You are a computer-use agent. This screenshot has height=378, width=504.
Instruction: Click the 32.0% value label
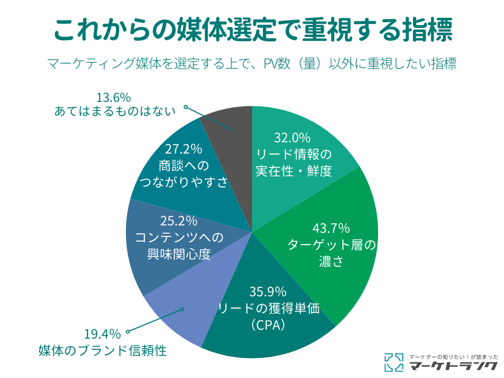292,137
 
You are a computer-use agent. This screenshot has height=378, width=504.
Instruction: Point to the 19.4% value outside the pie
103,335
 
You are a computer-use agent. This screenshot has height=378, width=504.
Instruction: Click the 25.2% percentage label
179,221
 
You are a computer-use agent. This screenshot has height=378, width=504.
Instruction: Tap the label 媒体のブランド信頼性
102,351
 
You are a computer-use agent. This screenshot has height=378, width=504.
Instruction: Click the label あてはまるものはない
115,112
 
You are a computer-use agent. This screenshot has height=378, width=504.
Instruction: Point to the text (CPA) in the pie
268,325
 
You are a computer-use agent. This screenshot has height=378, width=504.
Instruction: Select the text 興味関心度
179,254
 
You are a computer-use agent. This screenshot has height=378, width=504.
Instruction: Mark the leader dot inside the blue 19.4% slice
182,309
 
